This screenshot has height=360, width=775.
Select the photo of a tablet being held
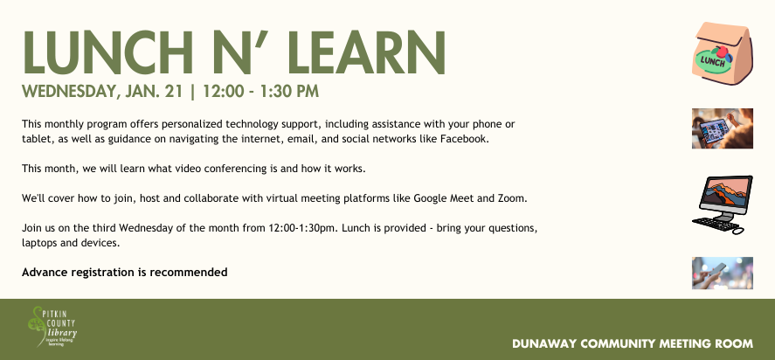[x=722, y=128]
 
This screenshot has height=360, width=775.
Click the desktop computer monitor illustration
[x=723, y=195]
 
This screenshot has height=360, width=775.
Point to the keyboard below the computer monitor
[x=715, y=225]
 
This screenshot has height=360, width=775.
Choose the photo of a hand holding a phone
[x=722, y=273]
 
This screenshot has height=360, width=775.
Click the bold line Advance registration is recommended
[x=125, y=273]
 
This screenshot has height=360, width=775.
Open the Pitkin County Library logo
[x=54, y=326]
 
